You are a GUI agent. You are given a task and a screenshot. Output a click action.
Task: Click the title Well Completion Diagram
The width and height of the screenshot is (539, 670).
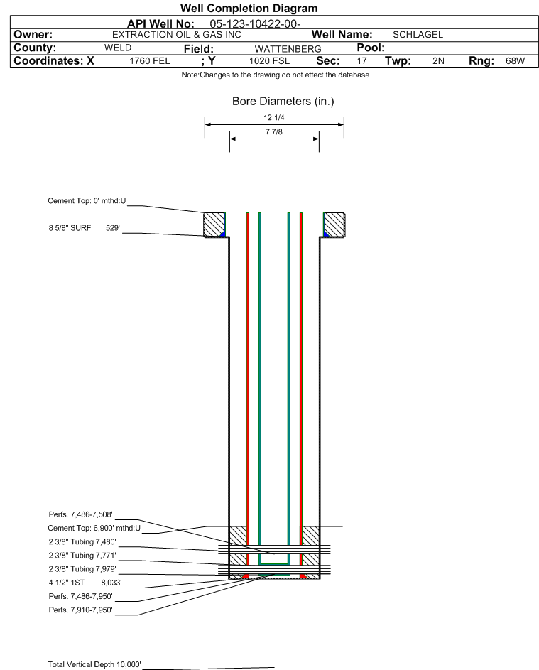point(249,9)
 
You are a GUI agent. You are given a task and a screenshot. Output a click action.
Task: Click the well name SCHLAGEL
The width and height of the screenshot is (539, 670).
point(418,35)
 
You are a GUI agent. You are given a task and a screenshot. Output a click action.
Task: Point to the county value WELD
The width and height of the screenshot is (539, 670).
point(118,48)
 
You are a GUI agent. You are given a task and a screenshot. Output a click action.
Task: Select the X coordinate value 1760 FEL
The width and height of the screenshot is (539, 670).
point(150,61)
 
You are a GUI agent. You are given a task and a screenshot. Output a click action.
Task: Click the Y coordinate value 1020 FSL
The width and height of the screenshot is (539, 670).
point(269,61)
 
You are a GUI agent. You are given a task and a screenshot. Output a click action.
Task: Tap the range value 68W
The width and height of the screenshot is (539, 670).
point(515,61)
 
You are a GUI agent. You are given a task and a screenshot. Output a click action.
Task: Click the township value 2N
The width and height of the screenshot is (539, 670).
point(438,61)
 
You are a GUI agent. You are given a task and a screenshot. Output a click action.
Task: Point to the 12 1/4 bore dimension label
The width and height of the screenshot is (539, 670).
point(274,118)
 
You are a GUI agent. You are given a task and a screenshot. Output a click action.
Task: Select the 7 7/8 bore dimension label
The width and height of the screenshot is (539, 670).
point(274,132)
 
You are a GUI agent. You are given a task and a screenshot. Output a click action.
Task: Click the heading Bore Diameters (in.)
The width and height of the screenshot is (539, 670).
point(283,102)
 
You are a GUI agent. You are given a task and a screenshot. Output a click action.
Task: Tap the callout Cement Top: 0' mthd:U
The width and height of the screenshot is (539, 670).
point(87,201)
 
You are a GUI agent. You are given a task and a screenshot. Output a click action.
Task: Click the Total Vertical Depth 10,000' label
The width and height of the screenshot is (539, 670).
point(94,664)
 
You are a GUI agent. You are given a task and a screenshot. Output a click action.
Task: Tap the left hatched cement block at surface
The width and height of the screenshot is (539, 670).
point(214,225)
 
